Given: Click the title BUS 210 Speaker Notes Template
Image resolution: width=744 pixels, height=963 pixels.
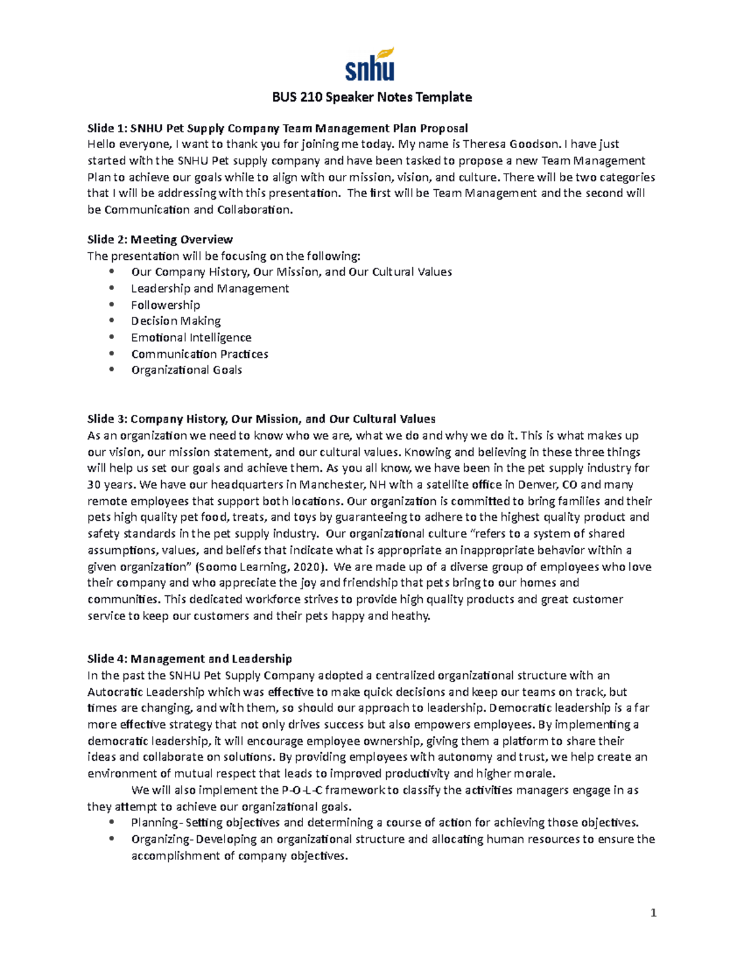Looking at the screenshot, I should coord(372,97).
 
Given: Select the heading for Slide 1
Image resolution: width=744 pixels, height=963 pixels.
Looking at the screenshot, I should coord(277,128).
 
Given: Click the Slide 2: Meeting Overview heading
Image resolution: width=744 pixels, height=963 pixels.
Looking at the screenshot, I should coord(160,239).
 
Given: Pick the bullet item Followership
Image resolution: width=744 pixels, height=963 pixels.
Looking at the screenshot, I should coord(166,305).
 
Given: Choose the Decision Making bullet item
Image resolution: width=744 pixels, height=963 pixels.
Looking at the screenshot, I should coord(175,321).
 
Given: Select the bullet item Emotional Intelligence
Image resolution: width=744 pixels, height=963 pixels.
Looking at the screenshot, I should coord(191,337).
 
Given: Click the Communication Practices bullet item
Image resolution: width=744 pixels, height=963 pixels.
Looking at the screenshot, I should coord(200,354).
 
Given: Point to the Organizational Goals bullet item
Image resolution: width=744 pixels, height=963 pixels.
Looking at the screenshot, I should coord(186,370).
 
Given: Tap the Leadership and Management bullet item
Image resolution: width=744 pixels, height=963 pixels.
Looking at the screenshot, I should coord(210,288).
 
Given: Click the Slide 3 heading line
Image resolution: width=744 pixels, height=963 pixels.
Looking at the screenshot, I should coord(261,419).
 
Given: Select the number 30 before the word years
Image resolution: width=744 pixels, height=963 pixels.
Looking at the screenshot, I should coord(94,485).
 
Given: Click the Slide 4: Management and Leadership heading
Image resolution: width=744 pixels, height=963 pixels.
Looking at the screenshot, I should coord(189,659).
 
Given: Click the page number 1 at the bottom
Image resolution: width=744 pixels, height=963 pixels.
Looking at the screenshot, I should coord(653,913).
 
